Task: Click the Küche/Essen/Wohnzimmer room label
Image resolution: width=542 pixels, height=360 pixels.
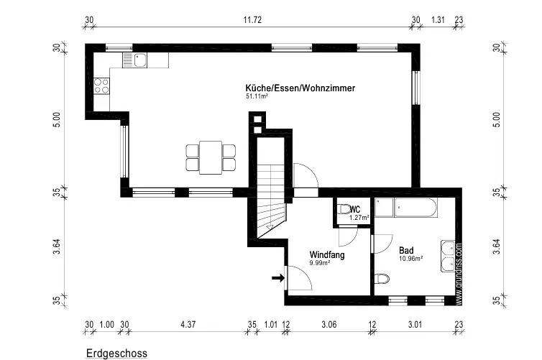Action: coord(300,88)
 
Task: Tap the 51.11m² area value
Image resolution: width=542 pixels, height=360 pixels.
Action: coord(257,96)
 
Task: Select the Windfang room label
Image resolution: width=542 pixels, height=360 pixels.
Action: coord(327,255)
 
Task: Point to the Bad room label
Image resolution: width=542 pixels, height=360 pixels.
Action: coord(406,250)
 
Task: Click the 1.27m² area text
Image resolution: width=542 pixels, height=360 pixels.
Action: coord(359,218)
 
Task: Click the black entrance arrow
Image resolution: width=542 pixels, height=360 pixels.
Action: coord(278,278)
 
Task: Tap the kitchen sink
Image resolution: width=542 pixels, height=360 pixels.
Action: coord(135,60)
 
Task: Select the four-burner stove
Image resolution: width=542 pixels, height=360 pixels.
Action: coord(101,86)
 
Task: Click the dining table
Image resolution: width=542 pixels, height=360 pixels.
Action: coord(211,157)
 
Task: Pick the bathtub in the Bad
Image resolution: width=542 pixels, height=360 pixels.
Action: coord(415,207)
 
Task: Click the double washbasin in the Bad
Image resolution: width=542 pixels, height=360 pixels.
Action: coord(448,257)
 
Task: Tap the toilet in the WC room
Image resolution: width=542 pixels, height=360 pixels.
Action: coord(344,209)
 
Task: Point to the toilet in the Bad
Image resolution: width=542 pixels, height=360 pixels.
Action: coord(382,279)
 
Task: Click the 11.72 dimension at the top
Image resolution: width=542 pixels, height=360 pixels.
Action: coord(252,19)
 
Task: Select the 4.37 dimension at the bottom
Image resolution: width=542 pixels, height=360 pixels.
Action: coord(188,325)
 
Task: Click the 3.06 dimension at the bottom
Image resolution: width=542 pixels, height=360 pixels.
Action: coord(329,325)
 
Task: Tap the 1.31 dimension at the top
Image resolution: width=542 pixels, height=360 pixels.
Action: coord(438,19)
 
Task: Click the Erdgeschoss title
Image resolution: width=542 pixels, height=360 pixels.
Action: coord(116,354)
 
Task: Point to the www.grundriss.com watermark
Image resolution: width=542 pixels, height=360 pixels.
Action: coord(459,274)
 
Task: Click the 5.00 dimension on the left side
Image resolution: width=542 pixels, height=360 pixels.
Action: coord(57,119)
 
